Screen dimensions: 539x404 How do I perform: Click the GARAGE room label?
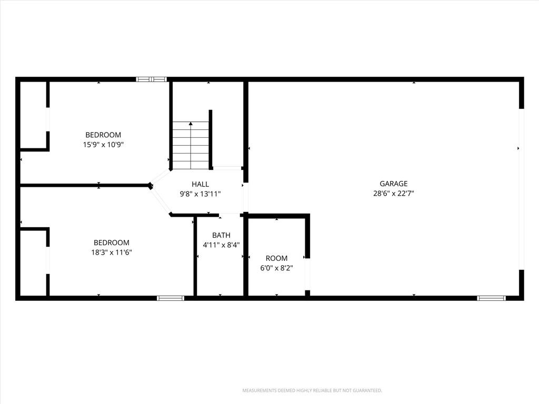tap(393, 184)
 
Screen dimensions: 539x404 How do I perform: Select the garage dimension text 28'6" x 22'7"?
tap(393, 194)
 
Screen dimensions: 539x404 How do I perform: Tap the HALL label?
tap(200, 185)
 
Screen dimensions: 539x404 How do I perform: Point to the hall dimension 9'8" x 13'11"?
tap(200, 194)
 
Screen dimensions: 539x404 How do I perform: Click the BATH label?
tap(221, 235)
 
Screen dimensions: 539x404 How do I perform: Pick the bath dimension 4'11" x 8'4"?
tap(221, 245)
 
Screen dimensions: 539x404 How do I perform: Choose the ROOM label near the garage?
tap(276, 258)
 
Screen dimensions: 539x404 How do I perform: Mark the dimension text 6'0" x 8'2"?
tap(276, 268)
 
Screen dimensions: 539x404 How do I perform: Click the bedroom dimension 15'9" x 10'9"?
tap(103, 145)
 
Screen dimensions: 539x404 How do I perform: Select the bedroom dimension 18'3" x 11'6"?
tap(112, 252)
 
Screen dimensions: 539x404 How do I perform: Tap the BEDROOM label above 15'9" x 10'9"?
tap(103, 135)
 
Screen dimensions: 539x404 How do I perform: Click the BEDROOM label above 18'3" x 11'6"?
tap(112, 243)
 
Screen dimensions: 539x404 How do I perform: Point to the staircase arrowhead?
tap(191, 124)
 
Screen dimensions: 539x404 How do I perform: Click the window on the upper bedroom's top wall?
tap(151, 79)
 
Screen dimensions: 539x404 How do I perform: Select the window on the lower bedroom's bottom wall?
tap(171, 298)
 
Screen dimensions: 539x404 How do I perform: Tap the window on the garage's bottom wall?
tap(491, 298)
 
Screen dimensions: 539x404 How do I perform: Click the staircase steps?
tap(191, 145)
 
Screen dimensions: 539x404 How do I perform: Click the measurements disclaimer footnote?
tap(312, 391)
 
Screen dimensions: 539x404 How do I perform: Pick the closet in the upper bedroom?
tap(33, 115)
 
